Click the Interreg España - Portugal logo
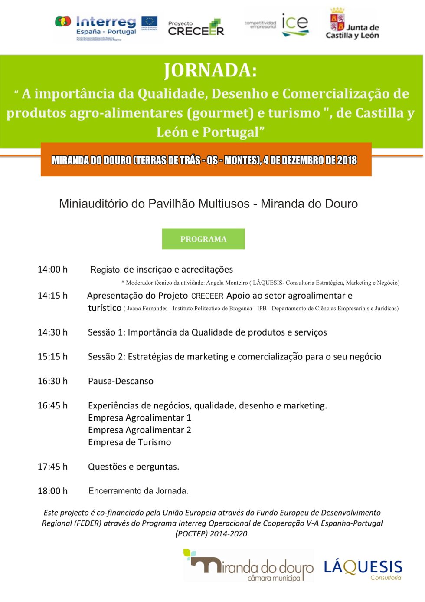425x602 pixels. pyautogui.click(x=107, y=27)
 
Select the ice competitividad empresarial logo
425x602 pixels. pyautogui.click(x=278, y=24)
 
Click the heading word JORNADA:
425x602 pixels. pyautogui.click(x=210, y=70)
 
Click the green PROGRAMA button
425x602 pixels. pyautogui.click(x=203, y=239)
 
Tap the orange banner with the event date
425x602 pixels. pyautogui.click(x=206, y=160)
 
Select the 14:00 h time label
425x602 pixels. pyautogui.click(x=52, y=270)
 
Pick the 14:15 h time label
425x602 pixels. pyautogui.click(x=52, y=296)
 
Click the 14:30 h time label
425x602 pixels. pyautogui.click(x=52, y=332)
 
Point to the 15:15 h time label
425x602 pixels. pyautogui.click(x=52, y=357)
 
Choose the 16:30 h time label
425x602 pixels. pyautogui.click(x=52, y=381)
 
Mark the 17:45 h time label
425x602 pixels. pyautogui.click(x=52, y=467)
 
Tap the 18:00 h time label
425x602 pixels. pyautogui.click(x=52, y=491)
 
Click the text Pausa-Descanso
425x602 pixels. pyautogui.click(x=121, y=381)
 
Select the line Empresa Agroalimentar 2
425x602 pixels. pyautogui.click(x=139, y=430)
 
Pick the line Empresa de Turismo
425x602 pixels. pyautogui.click(x=129, y=442)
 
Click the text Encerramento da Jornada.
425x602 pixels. pyautogui.click(x=138, y=491)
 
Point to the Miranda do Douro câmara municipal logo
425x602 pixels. pyautogui.click(x=248, y=566)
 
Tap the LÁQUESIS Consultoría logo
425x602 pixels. pyautogui.click(x=363, y=569)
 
